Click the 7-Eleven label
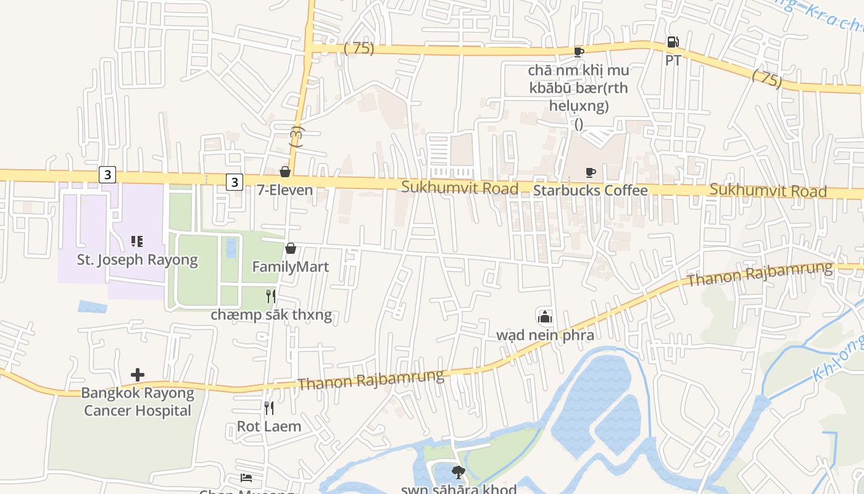tap(285, 190)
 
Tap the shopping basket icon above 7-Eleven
tap(285, 172)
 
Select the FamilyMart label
tap(291, 267)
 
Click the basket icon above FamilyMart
tap(291, 248)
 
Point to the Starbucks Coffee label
tap(591, 190)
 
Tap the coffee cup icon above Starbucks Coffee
tap(591, 172)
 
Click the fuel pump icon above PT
tap(673, 43)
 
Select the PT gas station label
tap(673, 61)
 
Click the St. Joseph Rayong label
tap(138, 259)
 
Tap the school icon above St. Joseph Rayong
tap(137, 241)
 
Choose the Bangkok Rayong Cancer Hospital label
tap(138, 401)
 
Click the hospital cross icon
tap(138, 374)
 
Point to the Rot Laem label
tap(269, 426)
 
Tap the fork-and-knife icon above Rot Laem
tap(269, 408)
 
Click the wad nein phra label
tap(546, 335)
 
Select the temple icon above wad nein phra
tap(545, 317)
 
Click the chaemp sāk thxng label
tap(272, 315)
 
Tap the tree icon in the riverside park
tap(458, 473)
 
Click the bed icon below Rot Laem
tap(246, 478)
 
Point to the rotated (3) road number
tap(297, 136)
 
